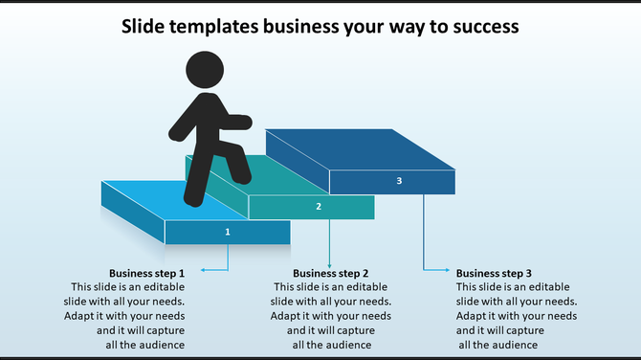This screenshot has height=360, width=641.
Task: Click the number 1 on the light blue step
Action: coord(228,232)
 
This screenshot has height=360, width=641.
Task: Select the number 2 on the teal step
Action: coord(319,206)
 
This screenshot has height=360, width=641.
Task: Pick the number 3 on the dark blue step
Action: coord(399,181)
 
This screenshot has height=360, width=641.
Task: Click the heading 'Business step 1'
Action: coord(146,273)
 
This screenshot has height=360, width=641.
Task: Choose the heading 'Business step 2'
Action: coord(330,273)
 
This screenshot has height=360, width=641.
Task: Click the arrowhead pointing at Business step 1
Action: coord(202,270)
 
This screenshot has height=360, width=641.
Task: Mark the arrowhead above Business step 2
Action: coord(329,264)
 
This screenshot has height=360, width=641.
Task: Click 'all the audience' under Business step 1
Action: coord(145,345)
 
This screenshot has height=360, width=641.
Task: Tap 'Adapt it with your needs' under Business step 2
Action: coord(330,316)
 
